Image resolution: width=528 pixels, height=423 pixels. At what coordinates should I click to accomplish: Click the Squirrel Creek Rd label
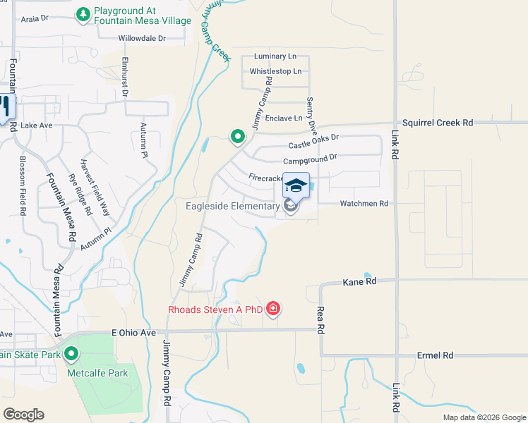click(x=437, y=123)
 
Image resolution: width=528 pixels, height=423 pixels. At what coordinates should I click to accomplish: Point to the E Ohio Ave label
click(x=133, y=333)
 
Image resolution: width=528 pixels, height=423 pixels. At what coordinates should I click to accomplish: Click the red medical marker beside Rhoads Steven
click(x=273, y=309)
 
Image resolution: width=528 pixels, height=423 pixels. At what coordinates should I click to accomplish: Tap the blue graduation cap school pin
click(x=296, y=185)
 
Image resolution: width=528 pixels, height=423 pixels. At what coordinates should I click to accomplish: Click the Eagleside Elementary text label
click(x=233, y=206)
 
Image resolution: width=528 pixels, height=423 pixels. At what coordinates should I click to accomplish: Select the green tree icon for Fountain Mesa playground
click(x=83, y=14)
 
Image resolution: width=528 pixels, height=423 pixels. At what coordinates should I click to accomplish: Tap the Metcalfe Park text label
click(x=97, y=373)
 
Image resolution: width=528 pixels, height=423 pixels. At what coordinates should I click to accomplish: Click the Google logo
click(x=23, y=415)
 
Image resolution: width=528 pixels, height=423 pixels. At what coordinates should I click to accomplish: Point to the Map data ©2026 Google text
click(x=484, y=417)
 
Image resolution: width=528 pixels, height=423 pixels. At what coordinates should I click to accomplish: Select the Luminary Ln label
click(x=271, y=56)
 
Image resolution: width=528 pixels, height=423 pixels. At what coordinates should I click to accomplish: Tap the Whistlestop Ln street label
click(x=275, y=71)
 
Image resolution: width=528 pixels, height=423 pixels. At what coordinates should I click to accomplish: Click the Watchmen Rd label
click(x=364, y=204)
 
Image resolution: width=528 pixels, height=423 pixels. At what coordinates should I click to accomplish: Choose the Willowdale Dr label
click(x=142, y=38)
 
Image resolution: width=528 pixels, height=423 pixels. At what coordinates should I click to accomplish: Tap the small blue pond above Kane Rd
click(x=368, y=275)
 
